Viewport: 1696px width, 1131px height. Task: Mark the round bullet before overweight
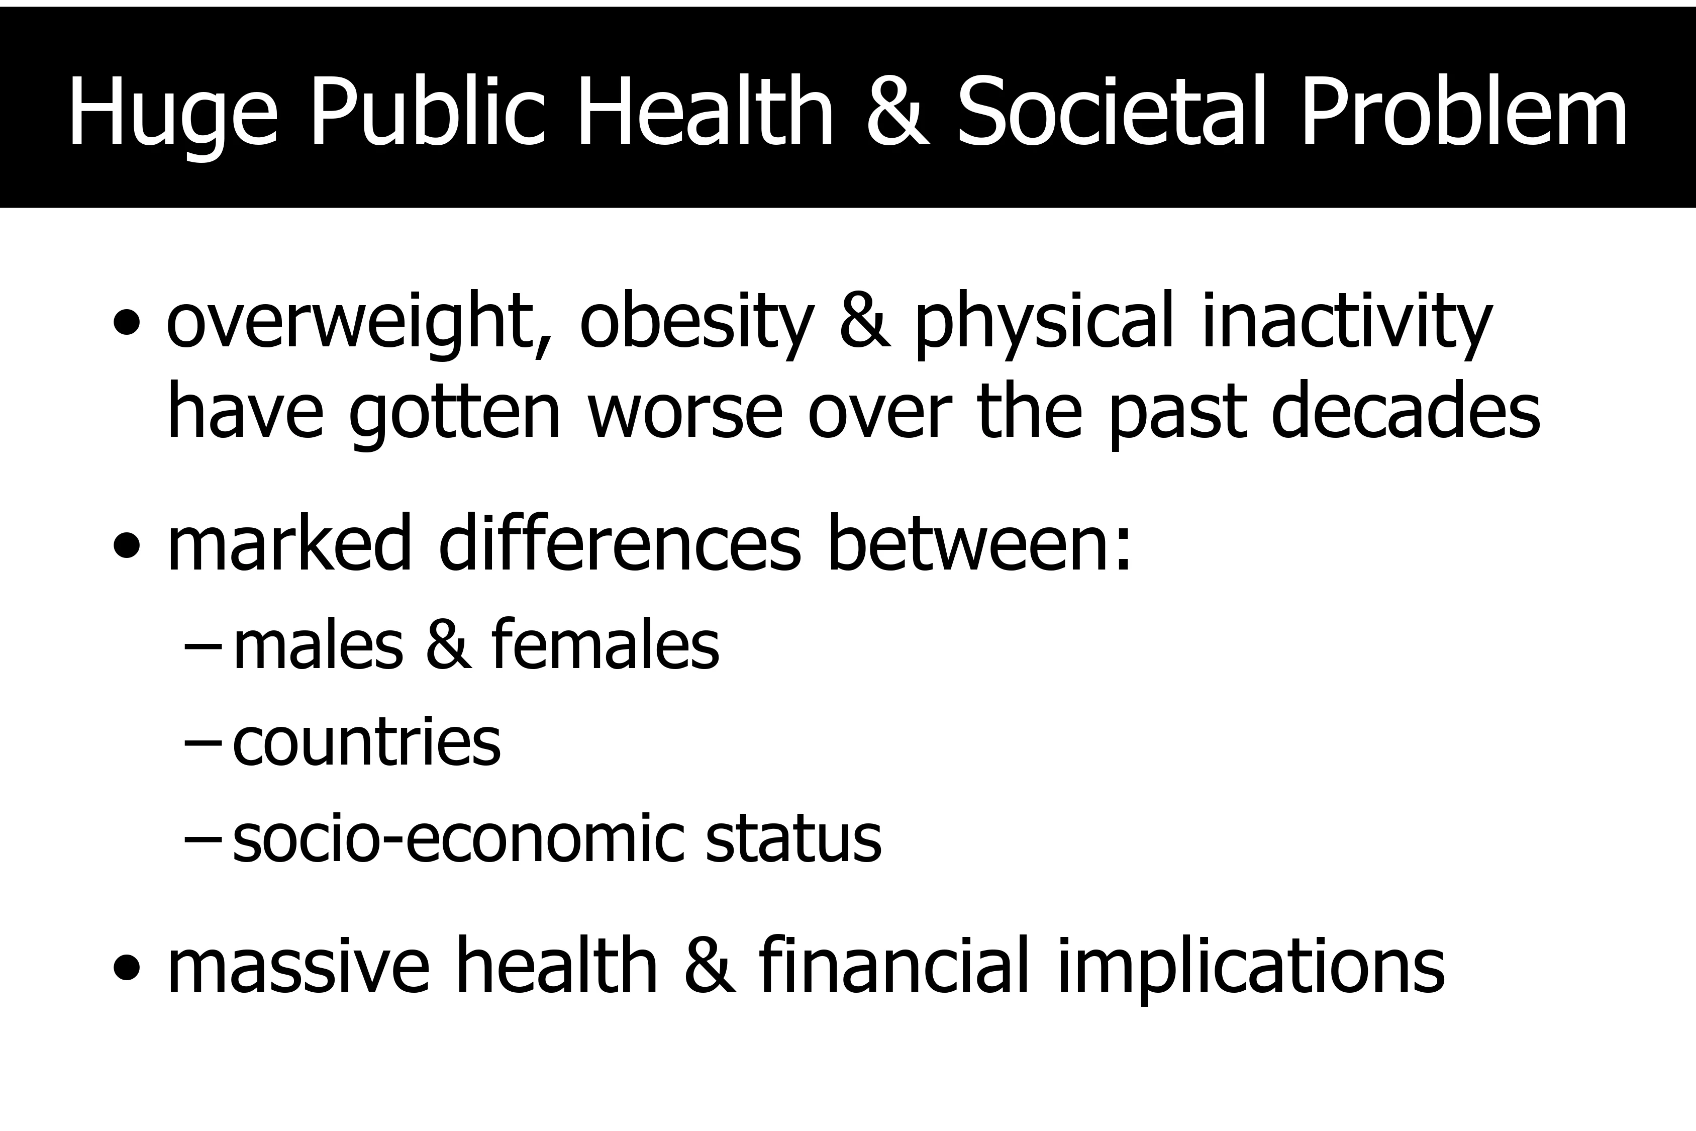coord(127,324)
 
